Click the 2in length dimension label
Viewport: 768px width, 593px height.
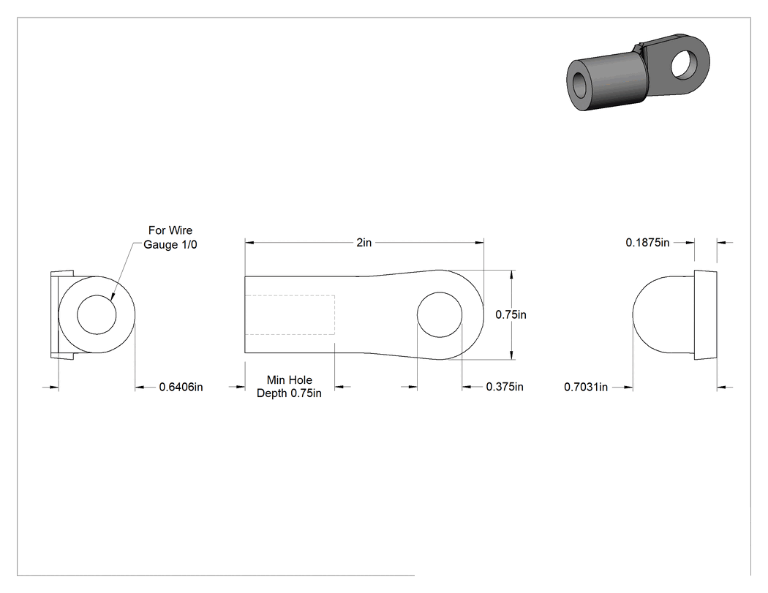tap(364, 242)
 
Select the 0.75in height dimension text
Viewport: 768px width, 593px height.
tap(511, 314)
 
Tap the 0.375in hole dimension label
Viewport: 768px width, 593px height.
tap(505, 387)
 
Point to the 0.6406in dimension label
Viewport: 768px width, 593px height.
tap(181, 387)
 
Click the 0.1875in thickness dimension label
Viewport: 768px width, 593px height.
tap(647, 242)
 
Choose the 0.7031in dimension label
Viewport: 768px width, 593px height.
tap(586, 387)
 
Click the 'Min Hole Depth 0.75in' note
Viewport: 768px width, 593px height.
tap(289, 386)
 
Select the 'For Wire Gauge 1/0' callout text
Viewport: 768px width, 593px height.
tap(170, 237)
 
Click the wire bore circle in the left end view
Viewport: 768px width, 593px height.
tap(97, 295)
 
